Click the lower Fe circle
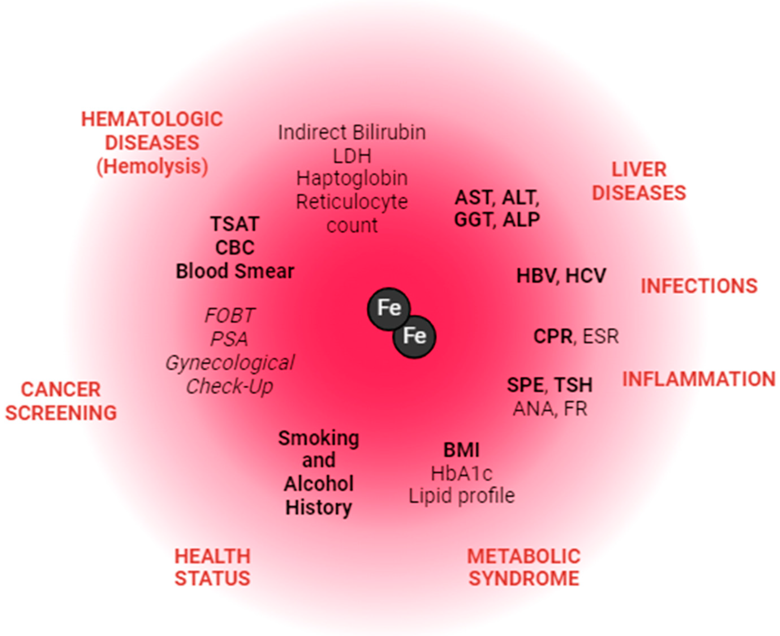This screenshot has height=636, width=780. [414, 336]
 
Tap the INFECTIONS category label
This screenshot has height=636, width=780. [699, 286]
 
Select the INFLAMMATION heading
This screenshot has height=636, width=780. [699, 379]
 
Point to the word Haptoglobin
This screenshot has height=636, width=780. [352, 178]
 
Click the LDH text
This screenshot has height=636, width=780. [352, 156]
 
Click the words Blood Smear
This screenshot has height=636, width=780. [235, 271]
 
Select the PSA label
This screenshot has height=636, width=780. [229, 339]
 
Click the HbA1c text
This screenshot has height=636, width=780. [462, 473]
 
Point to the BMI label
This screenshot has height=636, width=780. [462, 450]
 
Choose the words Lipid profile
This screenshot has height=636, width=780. [462, 496]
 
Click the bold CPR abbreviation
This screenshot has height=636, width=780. [553, 336]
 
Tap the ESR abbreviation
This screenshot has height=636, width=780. [600, 336]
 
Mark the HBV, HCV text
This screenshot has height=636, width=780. [561, 276]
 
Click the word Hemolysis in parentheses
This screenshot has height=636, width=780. [152, 167]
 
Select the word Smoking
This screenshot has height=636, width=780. [318, 438]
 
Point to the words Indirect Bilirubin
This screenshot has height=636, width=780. [352, 132]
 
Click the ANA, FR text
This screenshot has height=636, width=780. [550, 409]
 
